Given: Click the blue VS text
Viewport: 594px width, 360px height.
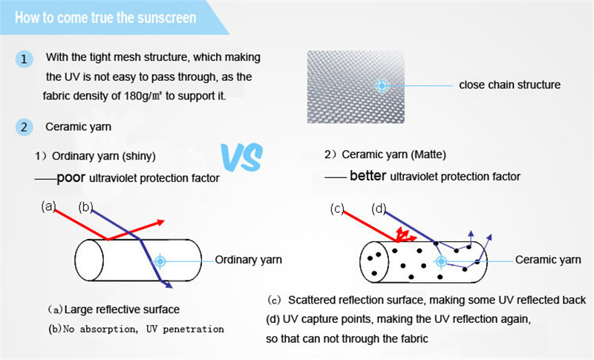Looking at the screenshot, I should pyautogui.click(x=241, y=157).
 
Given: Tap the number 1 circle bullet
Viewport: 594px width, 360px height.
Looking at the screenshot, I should pyautogui.click(x=25, y=59).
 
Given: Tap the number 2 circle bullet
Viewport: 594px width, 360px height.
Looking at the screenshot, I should pyautogui.click(x=25, y=127).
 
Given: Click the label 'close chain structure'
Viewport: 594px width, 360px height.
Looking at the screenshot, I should pyautogui.click(x=509, y=85).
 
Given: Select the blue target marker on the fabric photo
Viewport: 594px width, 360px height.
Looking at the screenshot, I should pyautogui.click(x=382, y=86).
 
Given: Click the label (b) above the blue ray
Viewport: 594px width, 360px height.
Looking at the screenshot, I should pyautogui.click(x=85, y=207).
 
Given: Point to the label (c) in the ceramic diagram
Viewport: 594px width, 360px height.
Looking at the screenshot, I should pyautogui.click(x=338, y=209).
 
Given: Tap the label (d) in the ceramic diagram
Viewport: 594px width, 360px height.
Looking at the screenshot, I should pyautogui.click(x=379, y=209).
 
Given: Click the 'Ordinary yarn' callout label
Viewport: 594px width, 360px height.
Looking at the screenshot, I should pyautogui.click(x=249, y=260).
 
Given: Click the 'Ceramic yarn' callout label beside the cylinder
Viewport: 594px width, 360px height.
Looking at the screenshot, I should pyautogui.click(x=548, y=260).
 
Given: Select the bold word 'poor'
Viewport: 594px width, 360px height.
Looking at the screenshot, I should pyautogui.click(x=71, y=177).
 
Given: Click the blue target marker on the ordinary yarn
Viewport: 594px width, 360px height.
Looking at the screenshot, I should pyautogui.click(x=160, y=261).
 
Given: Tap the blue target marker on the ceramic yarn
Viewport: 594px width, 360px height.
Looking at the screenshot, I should pyautogui.click(x=441, y=261).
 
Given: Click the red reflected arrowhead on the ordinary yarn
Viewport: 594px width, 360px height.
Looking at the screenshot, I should pyautogui.click(x=160, y=222).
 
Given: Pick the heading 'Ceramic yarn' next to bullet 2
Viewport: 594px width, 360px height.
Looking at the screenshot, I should pyautogui.click(x=78, y=127).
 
